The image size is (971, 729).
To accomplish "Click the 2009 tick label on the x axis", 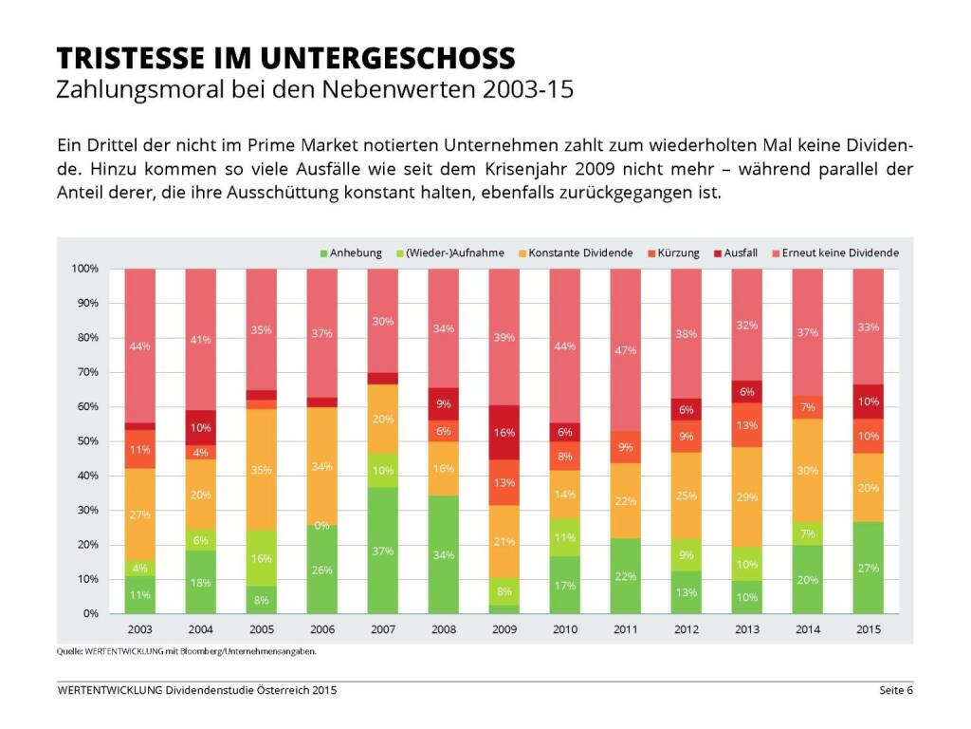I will tap(504, 629).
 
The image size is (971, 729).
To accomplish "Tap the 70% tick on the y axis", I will tap(85, 372).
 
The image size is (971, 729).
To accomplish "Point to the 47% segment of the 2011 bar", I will tap(626, 350).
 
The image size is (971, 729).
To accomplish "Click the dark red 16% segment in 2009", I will tap(504, 432).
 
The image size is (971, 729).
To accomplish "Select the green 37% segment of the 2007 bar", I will tap(383, 551).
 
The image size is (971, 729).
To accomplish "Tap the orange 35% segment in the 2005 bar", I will tap(262, 470).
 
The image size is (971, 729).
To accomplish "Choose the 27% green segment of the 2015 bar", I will tap(869, 568).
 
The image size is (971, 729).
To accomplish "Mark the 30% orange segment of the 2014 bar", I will tap(808, 469).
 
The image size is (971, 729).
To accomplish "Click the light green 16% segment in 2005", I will tap(262, 558).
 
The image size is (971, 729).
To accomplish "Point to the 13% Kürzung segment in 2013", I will tap(747, 425).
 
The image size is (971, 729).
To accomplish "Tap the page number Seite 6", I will tap(895, 690).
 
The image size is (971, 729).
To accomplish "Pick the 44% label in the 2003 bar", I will tap(140, 346).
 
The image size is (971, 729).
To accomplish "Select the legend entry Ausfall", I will tap(741, 253).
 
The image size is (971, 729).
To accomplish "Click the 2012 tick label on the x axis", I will tap(687, 629).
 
